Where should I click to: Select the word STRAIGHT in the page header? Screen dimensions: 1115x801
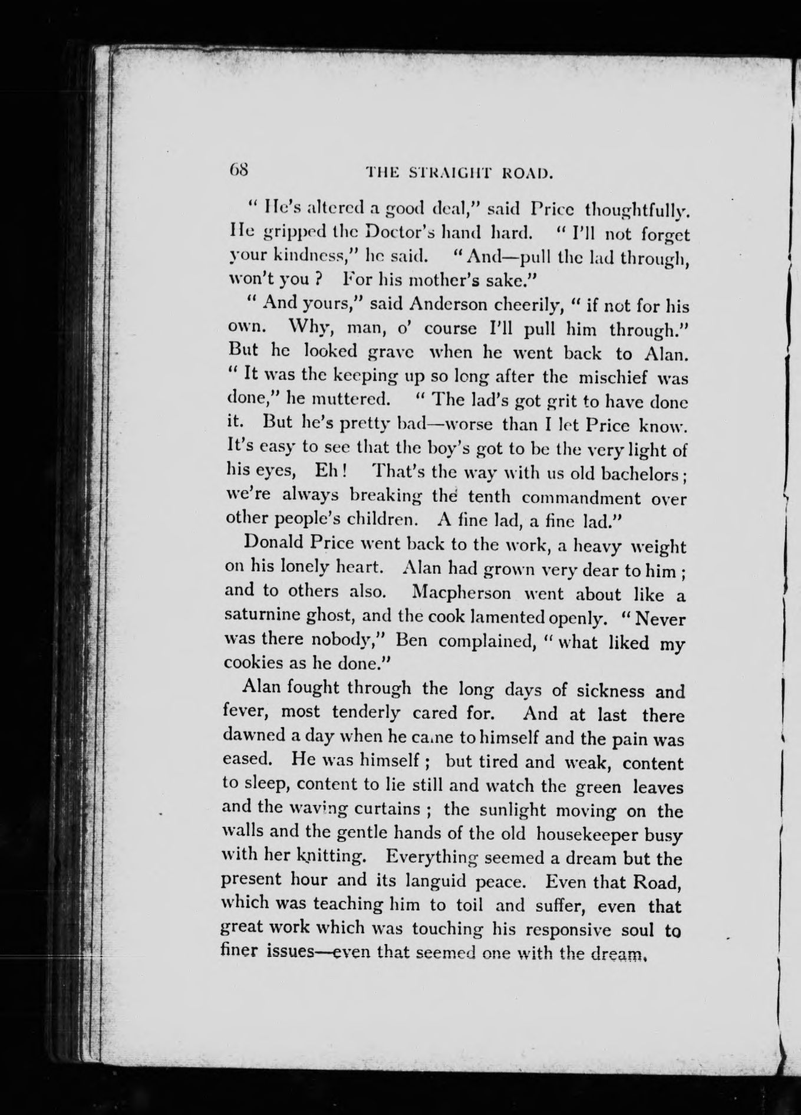(x=449, y=173)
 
